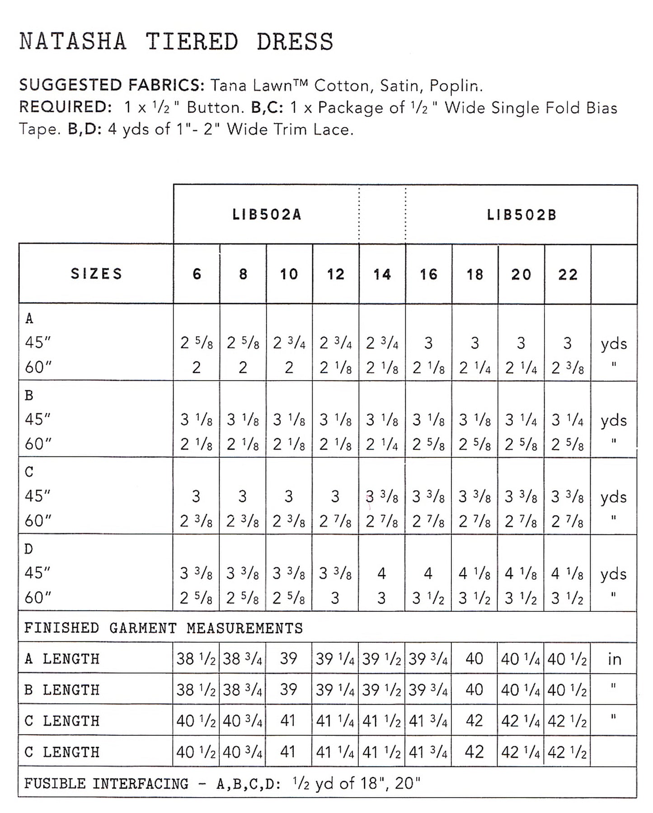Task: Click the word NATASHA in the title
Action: coord(73,42)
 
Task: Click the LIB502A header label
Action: coord(267,215)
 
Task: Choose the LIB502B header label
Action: coord(521,215)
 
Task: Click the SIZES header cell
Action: coord(96,274)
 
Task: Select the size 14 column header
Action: coord(382,274)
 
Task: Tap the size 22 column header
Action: coord(568,274)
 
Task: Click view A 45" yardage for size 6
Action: coord(197,343)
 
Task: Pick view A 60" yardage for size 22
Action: coord(568,368)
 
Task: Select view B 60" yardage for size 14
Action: coord(382,445)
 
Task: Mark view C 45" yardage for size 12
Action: coord(335,497)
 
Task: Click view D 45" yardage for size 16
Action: coord(428,573)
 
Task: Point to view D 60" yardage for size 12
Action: coord(335,598)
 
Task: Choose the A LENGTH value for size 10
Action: coord(288,659)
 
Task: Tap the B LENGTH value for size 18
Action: coord(474,690)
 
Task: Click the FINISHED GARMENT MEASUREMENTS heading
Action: coord(163,628)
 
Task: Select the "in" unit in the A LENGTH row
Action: coord(614,659)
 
